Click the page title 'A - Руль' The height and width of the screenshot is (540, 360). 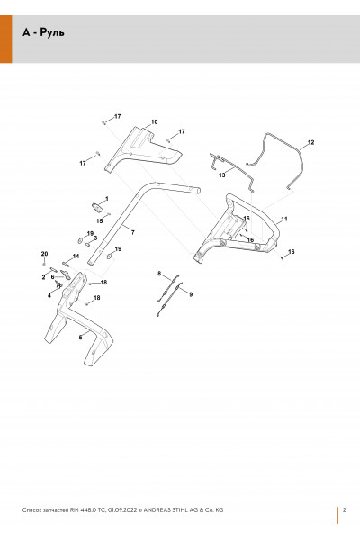click(x=43, y=32)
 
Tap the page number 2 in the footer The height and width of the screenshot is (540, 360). click(x=344, y=510)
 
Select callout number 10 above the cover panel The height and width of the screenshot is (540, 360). click(x=154, y=121)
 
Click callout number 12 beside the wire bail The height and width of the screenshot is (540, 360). click(x=310, y=142)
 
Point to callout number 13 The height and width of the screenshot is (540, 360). click(x=222, y=175)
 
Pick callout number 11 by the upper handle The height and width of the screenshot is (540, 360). click(x=284, y=219)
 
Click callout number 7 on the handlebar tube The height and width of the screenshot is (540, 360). click(x=133, y=232)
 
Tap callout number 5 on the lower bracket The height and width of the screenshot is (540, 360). click(x=81, y=337)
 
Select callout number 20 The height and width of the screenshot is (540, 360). click(x=44, y=254)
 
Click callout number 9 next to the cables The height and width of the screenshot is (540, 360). click(x=191, y=294)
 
